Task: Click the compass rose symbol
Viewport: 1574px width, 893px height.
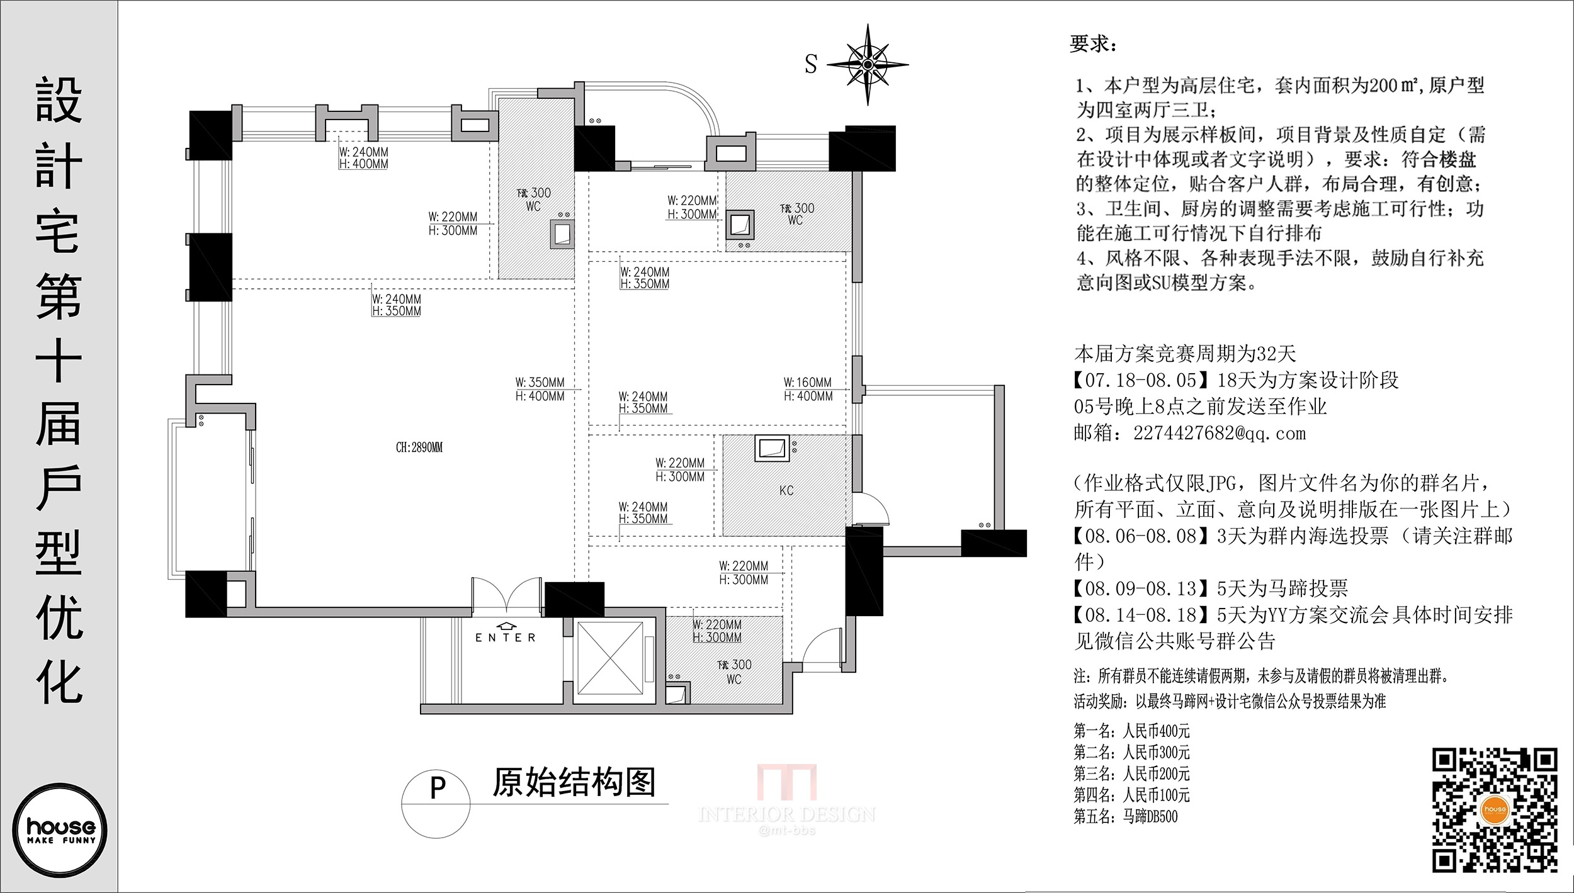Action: click(868, 64)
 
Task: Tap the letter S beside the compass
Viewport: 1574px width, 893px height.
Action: click(811, 64)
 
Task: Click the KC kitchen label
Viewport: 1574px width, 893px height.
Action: click(786, 490)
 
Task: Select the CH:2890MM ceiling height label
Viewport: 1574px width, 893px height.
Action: click(419, 447)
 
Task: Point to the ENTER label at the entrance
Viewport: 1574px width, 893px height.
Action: click(506, 637)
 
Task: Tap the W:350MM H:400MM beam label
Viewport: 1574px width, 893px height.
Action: click(540, 389)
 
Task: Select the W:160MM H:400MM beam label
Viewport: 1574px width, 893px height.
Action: click(808, 389)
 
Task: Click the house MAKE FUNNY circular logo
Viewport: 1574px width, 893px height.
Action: click(60, 830)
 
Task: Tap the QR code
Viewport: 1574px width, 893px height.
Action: click(1495, 809)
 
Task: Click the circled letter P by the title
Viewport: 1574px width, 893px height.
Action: click(437, 789)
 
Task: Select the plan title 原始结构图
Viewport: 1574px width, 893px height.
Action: click(574, 783)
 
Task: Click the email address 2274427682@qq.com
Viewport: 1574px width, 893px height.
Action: click(1220, 434)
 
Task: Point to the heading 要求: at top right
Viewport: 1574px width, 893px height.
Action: click(1093, 44)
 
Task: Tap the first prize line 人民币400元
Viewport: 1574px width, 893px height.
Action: click(1156, 731)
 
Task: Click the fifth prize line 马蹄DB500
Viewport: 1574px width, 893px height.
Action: click(1150, 816)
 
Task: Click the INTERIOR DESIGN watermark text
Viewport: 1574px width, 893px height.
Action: click(786, 814)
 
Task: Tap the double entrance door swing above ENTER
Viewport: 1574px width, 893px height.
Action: click(506, 594)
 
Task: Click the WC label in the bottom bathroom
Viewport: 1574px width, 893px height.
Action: click(733, 680)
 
